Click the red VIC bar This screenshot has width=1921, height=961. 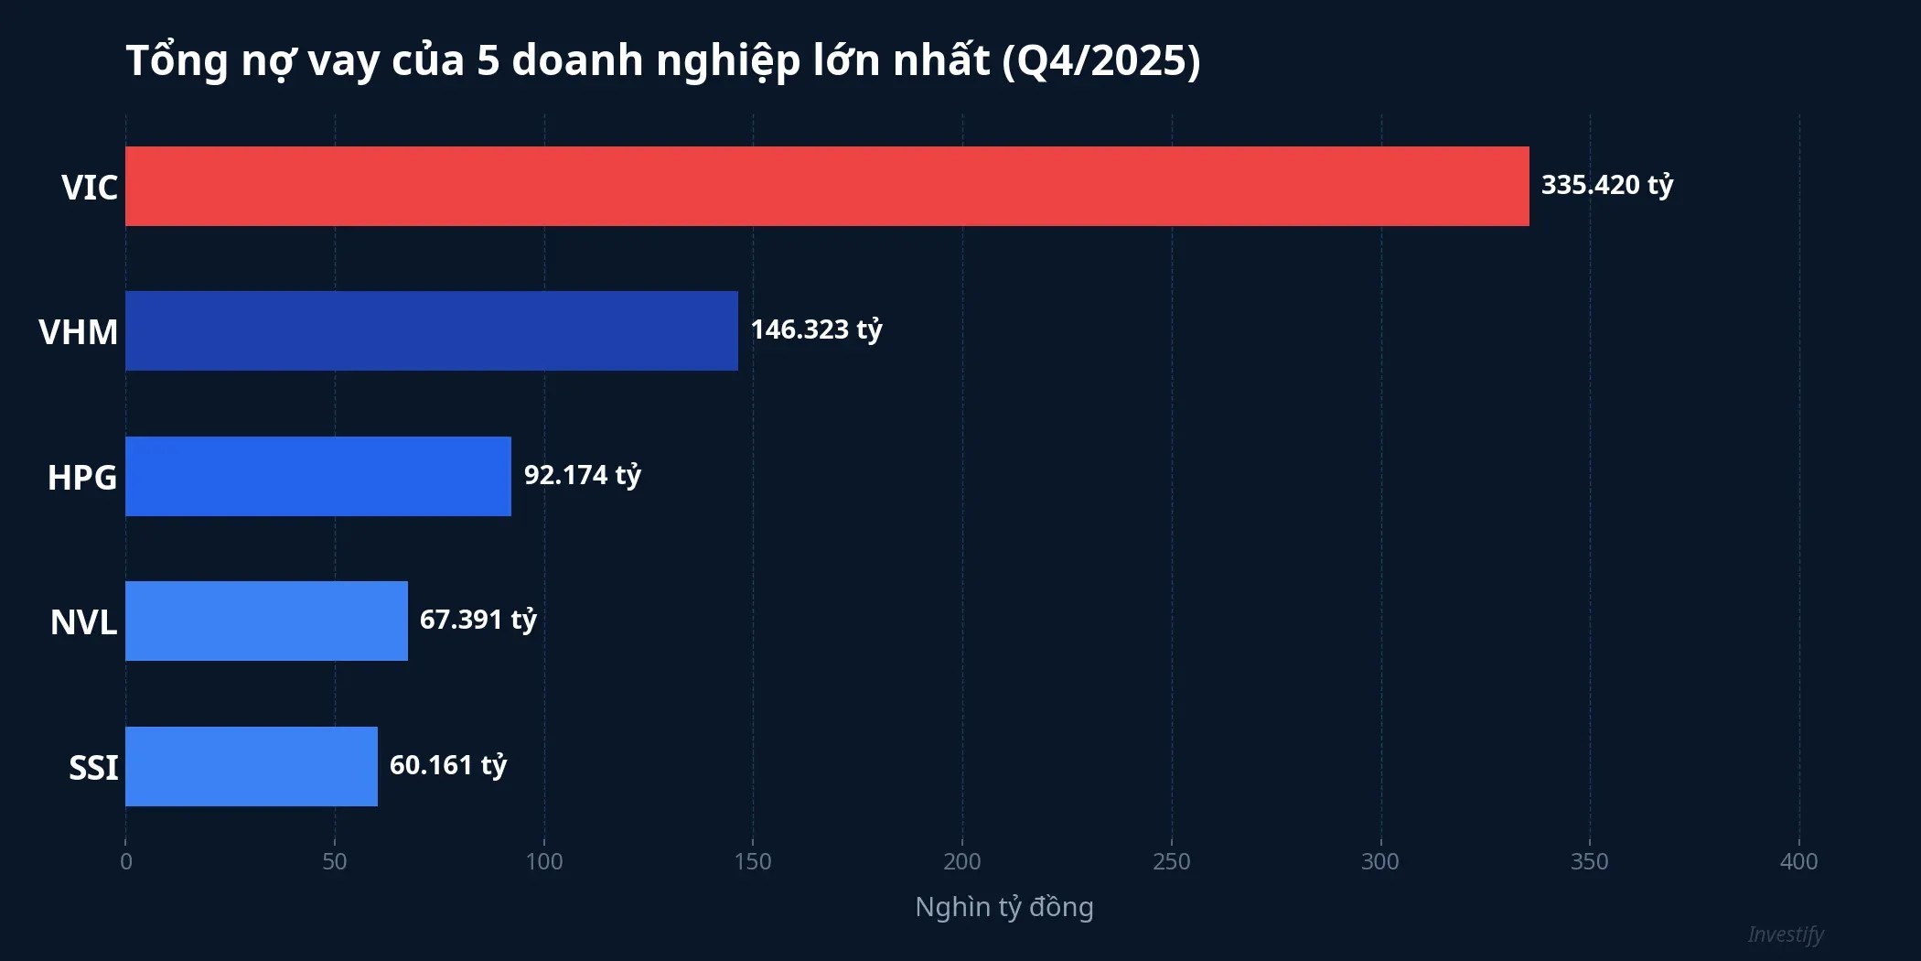[827, 186]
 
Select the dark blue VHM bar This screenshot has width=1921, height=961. [431, 330]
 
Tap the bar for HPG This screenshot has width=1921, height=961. [317, 476]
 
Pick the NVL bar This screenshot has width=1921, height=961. [266, 621]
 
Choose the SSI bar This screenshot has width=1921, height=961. [251, 766]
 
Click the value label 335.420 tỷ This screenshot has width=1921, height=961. [1606, 185]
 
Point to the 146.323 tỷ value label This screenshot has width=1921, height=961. [816, 329]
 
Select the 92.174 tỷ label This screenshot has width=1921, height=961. [582, 475]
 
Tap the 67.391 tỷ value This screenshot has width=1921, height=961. [478, 620]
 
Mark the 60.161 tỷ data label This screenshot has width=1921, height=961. [447, 765]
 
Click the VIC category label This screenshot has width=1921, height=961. [90, 187]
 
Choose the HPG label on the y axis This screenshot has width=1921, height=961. [82, 477]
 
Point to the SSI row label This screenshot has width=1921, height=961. [93, 767]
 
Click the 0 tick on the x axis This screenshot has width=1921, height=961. [126, 861]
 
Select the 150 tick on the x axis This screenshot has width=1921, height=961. [753, 861]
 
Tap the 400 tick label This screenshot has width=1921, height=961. [1798, 861]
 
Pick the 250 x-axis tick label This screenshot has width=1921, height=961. [1171, 861]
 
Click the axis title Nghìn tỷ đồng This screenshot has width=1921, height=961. [1003, 907]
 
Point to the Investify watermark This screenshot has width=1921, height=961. [1785, 934]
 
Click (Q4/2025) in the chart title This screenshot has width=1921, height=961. [1100, 60]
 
